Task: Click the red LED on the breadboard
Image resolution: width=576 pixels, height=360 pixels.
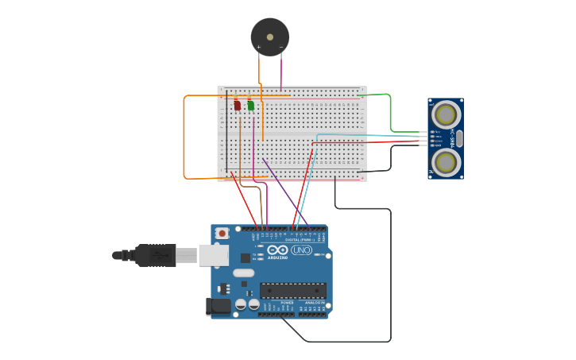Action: [x=237, y=105]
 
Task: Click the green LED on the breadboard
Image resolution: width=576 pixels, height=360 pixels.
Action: [x=251, y=105]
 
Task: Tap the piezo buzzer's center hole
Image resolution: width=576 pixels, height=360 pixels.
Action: [x=270, y=37]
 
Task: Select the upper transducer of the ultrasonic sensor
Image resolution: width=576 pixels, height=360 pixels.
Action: [x=446, y=114]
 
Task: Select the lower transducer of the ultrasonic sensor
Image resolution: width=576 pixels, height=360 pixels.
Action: [x=446, y=163]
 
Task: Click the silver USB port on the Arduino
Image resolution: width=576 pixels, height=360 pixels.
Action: [x=213, y=255]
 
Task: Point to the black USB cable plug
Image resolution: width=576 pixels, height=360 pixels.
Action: [x=155, y=255]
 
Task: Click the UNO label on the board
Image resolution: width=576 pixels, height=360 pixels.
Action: [x=302, y=250]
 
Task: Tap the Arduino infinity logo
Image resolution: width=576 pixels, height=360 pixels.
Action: [x=277, y=250]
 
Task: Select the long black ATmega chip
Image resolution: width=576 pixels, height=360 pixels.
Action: [x=292, y=290]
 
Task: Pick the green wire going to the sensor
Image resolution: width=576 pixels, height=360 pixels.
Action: [x=390, y=111]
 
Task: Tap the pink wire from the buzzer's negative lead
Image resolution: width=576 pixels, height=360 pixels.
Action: [x=280, y=72]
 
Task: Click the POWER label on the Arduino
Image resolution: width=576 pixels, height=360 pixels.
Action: [x=287, y=302]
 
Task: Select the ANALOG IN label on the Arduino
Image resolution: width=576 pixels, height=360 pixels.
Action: [x=315, y=302]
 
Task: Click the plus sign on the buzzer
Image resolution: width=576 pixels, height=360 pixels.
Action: [x=258, y=47]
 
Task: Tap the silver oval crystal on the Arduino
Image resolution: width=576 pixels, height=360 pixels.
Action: [x=244, y=273]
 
